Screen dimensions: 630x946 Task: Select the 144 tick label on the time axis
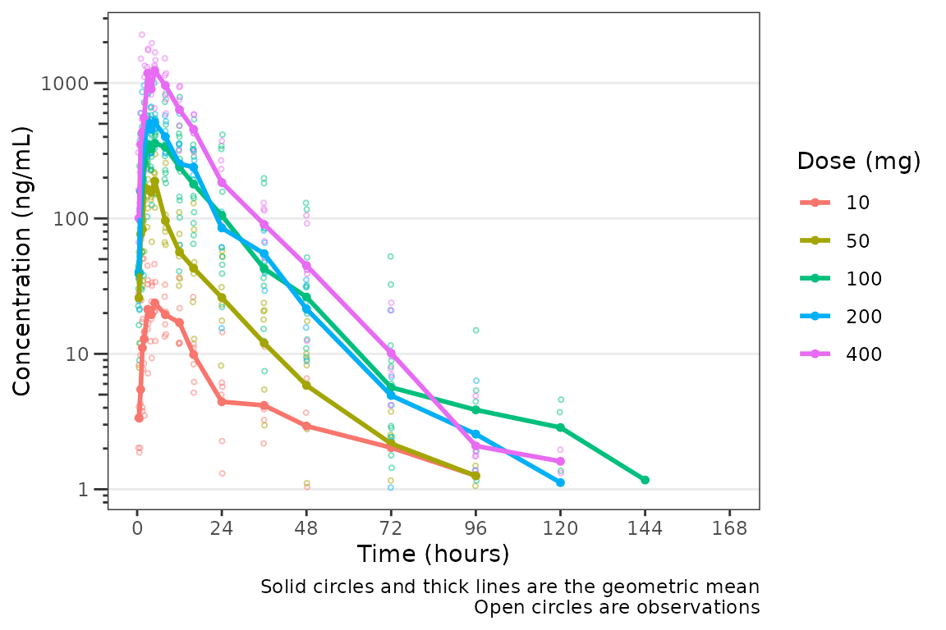(645, 528)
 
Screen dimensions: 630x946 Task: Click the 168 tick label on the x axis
(729, 528)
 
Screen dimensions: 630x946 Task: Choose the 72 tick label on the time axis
(391, 528)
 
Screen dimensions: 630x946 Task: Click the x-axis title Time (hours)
(433, 555)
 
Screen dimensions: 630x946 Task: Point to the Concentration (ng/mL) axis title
(22, 261)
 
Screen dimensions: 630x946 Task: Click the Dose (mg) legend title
(858, 162)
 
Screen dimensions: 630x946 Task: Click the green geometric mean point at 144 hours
(645, 480)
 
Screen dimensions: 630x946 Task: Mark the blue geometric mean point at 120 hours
(560, 482)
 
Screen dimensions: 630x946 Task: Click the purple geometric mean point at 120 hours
(560, 461)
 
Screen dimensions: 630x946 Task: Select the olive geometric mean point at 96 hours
(475, 476)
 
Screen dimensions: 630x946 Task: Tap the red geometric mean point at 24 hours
(222, 402)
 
